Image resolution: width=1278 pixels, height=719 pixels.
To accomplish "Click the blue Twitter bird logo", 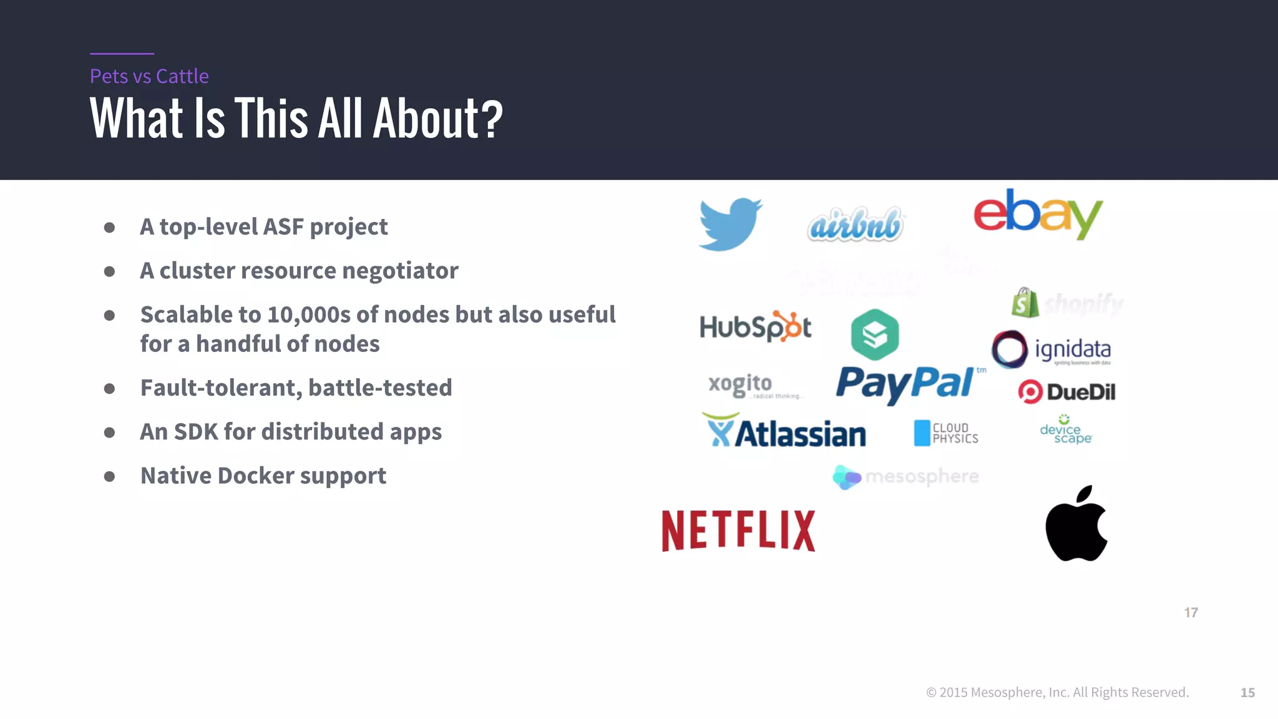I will pos(729,225).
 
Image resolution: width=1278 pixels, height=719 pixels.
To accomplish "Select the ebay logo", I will pos(1038,214).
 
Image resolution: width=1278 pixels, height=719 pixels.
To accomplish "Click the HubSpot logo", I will pos(755,326).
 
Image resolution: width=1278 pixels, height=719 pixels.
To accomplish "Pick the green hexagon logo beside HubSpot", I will pos(875,335).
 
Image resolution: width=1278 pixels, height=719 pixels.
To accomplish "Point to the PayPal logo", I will pos(907,383).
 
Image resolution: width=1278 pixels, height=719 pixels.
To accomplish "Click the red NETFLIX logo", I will pos(738,531).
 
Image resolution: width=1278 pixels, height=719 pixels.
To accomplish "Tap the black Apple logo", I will pos(1076,524).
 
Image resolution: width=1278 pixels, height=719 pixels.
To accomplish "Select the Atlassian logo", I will pos(784,432).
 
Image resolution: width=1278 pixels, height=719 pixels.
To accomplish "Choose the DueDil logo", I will pos(1066,392).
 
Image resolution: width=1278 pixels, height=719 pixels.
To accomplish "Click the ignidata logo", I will pos(1052,350).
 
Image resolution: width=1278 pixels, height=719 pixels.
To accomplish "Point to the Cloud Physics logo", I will pos(945,433).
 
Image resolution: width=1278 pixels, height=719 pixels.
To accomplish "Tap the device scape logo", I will pos(1065,430).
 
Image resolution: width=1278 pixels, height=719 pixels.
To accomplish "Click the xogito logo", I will pos(741,384).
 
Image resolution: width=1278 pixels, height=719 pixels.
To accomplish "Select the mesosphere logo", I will pos(905,477).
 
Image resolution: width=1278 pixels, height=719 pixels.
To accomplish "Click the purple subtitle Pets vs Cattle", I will pos(149,76).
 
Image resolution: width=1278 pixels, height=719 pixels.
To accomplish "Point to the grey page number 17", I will pos(1191,613).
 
